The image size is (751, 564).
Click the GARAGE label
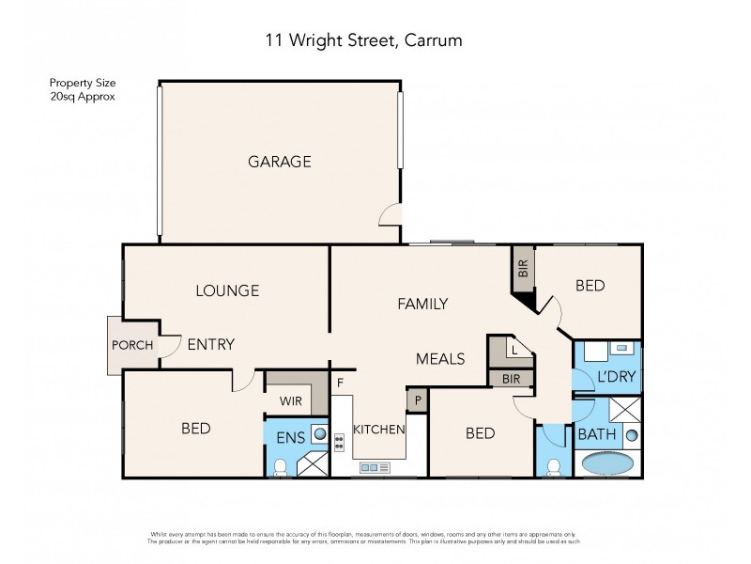279,162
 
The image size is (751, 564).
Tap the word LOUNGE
226,290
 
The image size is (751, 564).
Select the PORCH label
132,344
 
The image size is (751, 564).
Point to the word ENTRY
210,344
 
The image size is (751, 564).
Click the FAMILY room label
422,304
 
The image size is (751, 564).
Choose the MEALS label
441,358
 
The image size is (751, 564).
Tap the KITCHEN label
378,430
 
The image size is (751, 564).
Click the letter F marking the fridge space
341,384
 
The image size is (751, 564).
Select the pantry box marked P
416,399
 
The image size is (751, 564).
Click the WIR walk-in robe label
289,399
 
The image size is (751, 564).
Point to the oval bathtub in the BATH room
608,463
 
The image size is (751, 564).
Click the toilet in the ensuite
280,466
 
